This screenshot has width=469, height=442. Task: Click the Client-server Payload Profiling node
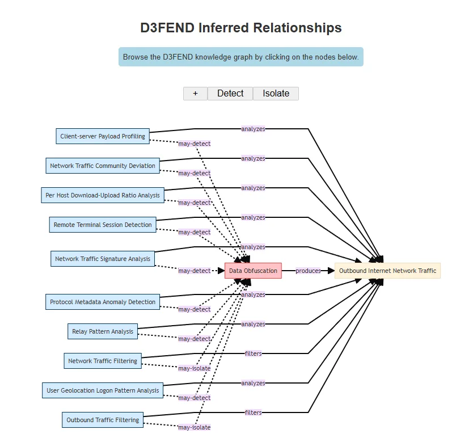click(x=103, y=136)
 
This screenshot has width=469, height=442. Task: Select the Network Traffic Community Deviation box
click(x=103, y=166)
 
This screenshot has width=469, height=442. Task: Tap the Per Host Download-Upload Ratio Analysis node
click(x=103, y=195)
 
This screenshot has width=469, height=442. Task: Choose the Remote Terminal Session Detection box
click(x=103, y=225)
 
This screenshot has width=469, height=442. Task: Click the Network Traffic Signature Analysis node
click(x=103, y=259)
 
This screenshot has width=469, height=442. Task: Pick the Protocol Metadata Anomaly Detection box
click(x=103, y=302)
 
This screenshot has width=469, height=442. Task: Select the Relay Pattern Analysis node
click(x=103, y=331)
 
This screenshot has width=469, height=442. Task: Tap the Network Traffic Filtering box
click(x=103, y=361)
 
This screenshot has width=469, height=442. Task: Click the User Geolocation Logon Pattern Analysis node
click(x=103, y=390)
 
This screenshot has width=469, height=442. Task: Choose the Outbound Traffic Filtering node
click(x=103, y=420)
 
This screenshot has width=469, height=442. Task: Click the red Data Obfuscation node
click(x=253, y=271)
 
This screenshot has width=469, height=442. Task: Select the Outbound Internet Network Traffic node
click(x=387, y=271)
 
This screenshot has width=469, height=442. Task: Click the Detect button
click(x=230, y=94)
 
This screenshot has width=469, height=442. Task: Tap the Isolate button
click(x=276, y=94)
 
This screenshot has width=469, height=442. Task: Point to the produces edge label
click(x=309, y=271)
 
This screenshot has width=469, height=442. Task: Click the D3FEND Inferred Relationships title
click(x=241, y=27)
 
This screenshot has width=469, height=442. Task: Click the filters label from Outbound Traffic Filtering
click(x=253, y=412)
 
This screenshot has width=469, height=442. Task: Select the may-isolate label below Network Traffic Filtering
click(x=195, y=368)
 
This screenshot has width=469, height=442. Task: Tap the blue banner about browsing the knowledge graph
click(x=241, y=57)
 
